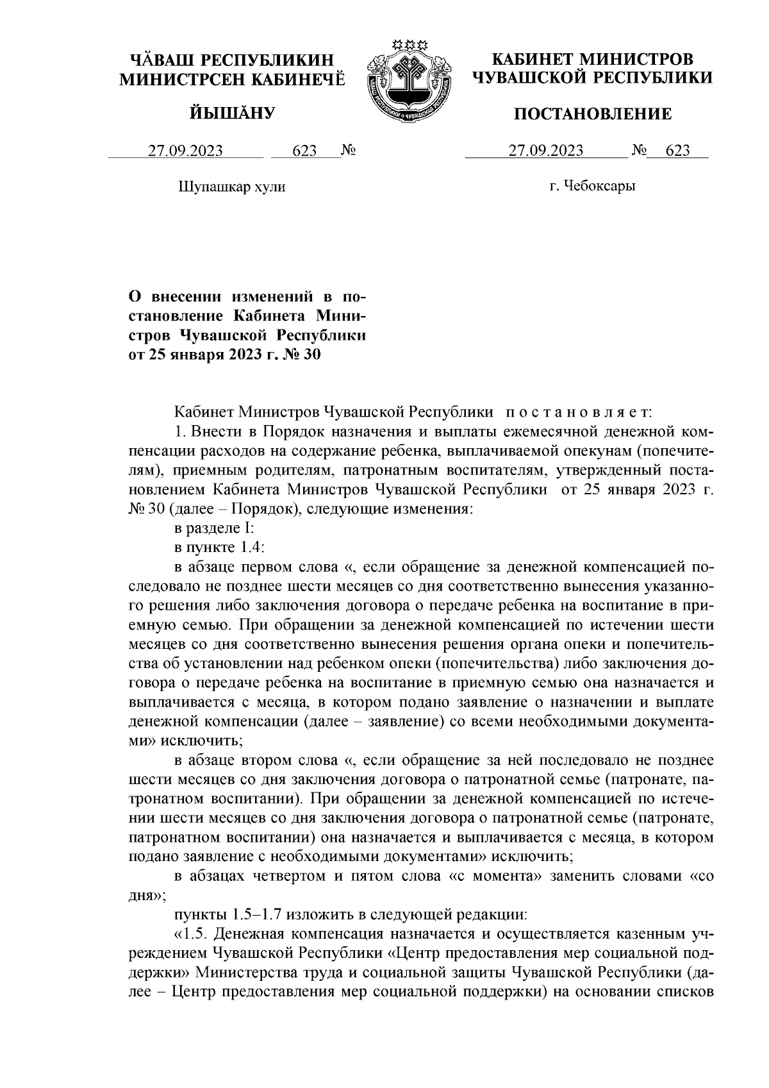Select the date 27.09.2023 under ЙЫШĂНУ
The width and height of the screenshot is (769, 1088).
coord(186,151)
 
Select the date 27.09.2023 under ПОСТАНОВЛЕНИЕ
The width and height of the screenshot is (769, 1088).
coord(546,151)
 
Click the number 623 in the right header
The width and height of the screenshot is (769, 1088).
coord(678,151)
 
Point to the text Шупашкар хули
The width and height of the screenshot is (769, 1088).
coord(231,187)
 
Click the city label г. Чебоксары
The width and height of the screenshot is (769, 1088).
coord(593,187)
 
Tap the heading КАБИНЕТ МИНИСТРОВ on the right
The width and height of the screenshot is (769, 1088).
coord(592,60)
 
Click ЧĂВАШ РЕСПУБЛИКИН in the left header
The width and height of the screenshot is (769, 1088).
coord(233,61)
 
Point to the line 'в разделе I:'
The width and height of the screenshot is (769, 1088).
coord(216,530)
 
